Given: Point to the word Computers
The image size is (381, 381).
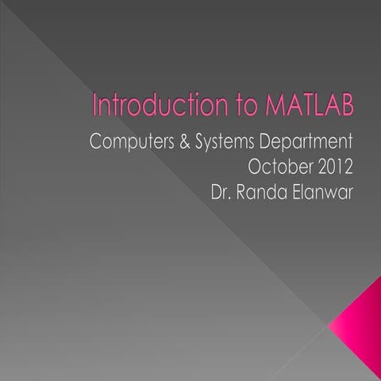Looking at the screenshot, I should click(x=130, y=144).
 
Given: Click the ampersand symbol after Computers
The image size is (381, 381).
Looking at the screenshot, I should click(x=179, y=144).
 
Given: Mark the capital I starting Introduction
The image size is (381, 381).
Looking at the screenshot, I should click(x=95, y=106).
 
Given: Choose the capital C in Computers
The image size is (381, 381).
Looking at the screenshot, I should click(x=97, y=144).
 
